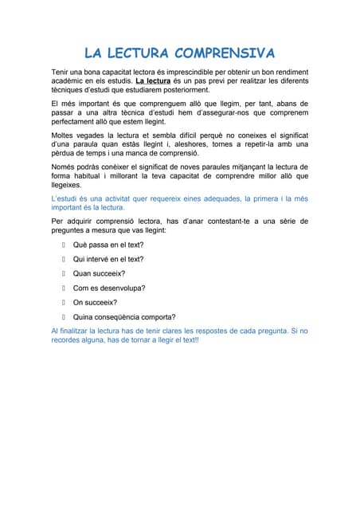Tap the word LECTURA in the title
pyautogui.click(x=136, y=53)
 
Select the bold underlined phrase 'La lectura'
pyautogui.click(x=153, y=80)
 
